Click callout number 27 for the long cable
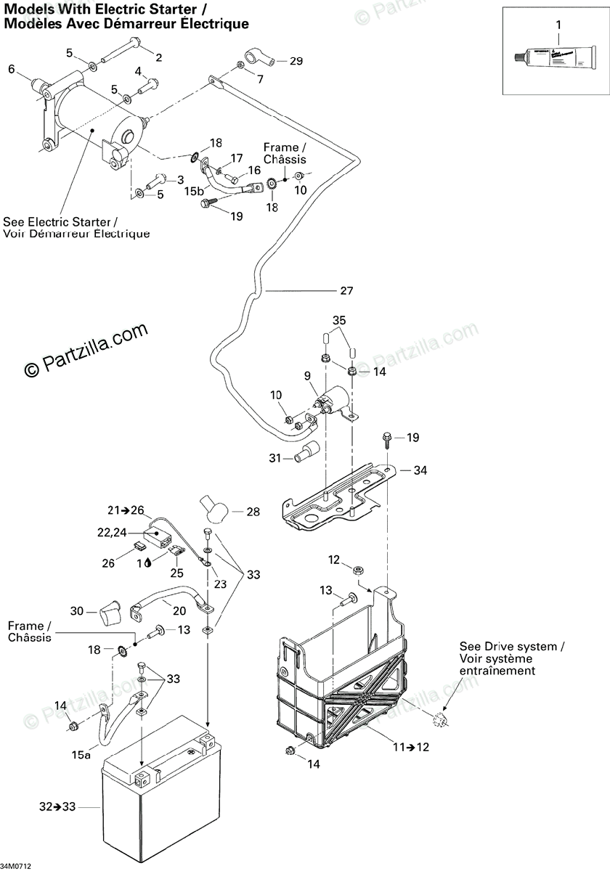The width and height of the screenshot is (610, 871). coord(346,291)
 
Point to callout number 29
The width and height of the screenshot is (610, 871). coord(296,61)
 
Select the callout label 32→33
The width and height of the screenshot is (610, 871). coord(54,806)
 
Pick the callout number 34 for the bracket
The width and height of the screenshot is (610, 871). coord(420,470)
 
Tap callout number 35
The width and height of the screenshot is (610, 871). coord(340,320)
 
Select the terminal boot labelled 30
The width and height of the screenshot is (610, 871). coord(110,613)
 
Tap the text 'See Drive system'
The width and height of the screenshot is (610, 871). coord(508,646)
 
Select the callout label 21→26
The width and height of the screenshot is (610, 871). coord(126,509)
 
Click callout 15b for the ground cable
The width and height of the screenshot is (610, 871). coord(194,192)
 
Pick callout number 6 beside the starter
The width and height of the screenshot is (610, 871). coord(11,69)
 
